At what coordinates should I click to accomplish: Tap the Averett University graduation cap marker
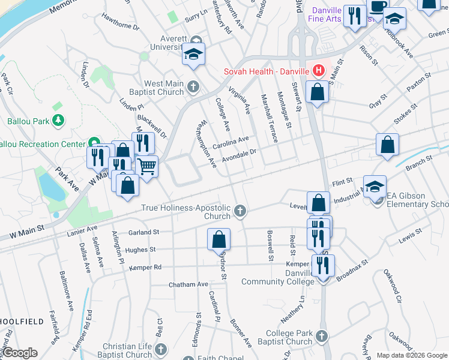pos(194,55)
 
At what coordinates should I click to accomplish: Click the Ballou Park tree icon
pos(58,121)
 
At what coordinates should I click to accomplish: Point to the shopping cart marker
pos(147,166)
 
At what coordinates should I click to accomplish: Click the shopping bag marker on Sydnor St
pos(219,239)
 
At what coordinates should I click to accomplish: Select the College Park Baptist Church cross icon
pos(322,337)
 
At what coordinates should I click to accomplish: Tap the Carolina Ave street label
pos(231,143)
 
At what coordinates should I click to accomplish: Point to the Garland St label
pos(143,232)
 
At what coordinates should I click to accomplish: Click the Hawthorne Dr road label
pos(120,27)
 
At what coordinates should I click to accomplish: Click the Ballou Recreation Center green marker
pos(94,143)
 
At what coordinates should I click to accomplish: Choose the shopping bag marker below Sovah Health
pos(317,92)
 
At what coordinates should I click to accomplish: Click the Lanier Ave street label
pos(82,229)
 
